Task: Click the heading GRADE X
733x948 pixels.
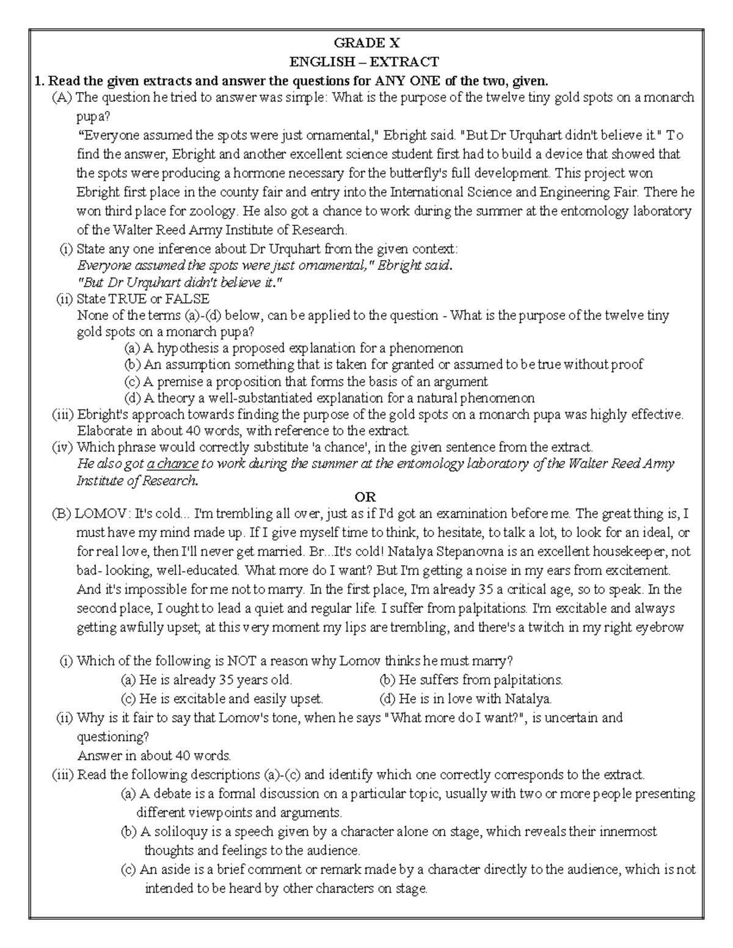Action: tap(366, 43)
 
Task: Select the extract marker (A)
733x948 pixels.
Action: tap(62, 98)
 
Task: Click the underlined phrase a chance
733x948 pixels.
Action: tap(173, 464)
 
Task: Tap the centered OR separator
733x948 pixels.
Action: tap(366, 497)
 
